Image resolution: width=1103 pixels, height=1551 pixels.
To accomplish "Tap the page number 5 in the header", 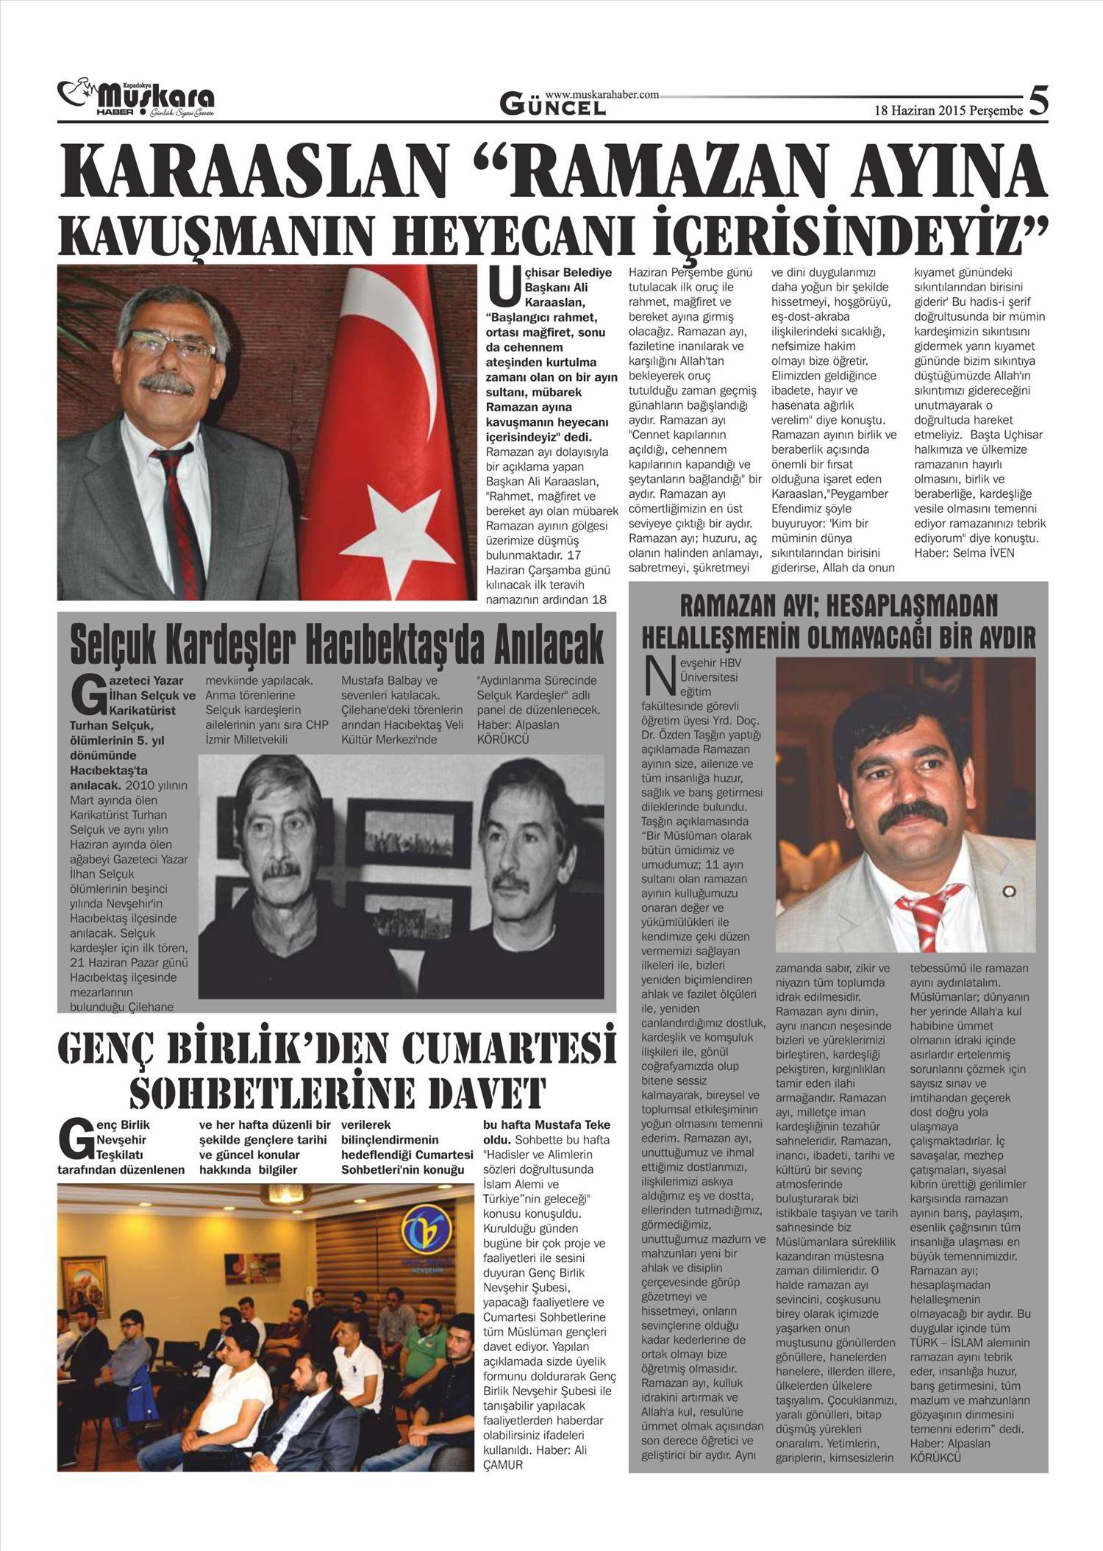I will [1038, 100].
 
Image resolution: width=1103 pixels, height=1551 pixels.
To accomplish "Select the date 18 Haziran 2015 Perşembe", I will [948, 111].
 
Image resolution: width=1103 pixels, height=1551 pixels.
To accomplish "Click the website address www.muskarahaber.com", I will [602, 94].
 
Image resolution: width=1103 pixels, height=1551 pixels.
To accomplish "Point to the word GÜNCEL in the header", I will [553, 107].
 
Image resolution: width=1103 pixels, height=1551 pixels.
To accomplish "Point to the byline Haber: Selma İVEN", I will [964, 552].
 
